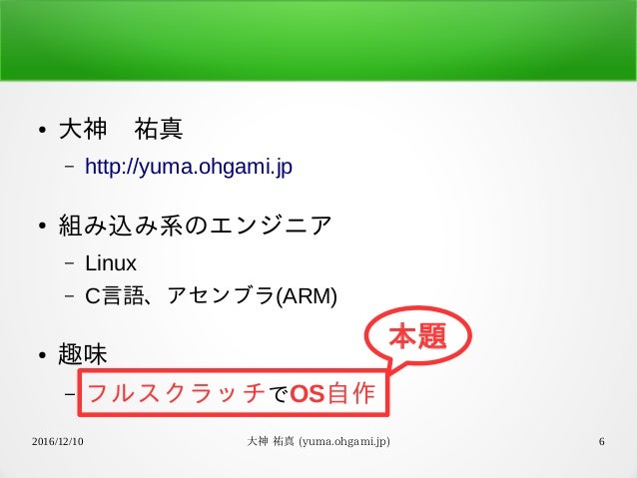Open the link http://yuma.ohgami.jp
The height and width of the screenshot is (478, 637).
tap(188, 166)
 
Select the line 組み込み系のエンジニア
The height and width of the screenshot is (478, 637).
tap(194, 226)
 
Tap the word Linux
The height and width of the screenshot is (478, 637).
tap(110, 263)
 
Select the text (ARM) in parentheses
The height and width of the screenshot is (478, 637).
tap(307, 296)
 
